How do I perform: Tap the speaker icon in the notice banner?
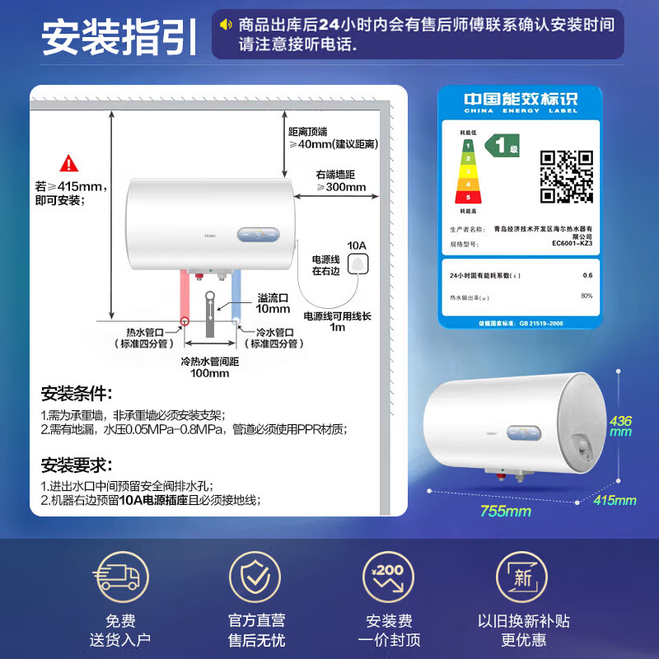[225, 24]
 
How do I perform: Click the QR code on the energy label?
[566, 176]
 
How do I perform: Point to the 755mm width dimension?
[505, 512]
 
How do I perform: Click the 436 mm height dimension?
[620, 426]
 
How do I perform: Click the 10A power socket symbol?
[358, 264]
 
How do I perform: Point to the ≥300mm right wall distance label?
[340, 186]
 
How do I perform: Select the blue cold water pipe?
[236, 298]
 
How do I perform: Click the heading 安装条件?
[76, 393]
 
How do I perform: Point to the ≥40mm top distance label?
[333, 144]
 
